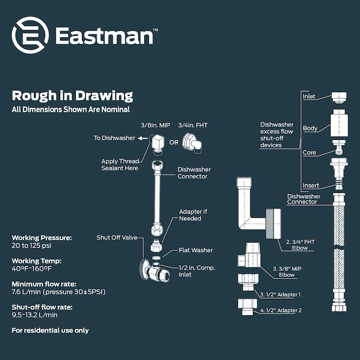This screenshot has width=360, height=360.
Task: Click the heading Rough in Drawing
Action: click(72, 95)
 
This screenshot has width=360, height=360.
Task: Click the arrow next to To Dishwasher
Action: click(143, 138)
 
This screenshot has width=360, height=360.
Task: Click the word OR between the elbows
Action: click(174, 142)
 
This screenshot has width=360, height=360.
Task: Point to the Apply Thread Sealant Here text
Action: click(120, 164)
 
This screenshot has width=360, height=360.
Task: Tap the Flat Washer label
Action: click(196, 250)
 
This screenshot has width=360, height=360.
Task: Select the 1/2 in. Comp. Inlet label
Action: click(197, 271)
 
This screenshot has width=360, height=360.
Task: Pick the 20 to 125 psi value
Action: click(32, 245)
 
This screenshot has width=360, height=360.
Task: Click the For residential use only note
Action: click(50, 330)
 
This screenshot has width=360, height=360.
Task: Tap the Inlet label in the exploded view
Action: click(309, 96)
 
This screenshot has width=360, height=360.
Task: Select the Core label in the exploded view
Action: click(309, 152)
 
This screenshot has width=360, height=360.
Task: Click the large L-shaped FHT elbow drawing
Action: click(250, 212)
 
